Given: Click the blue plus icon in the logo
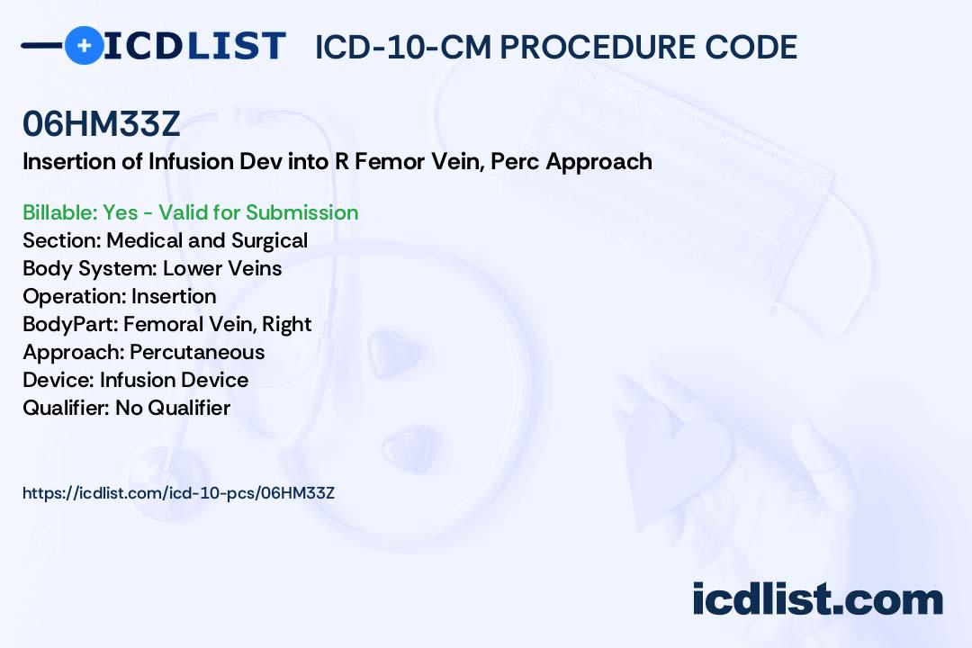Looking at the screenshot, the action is [85, 45].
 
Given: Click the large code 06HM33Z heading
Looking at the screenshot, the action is [101, 123].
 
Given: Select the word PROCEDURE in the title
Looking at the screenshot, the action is [598, 47].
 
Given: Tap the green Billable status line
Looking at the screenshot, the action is [190, 212].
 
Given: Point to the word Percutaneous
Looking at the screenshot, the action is [197, 352].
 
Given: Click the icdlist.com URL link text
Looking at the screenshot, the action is [178, 493].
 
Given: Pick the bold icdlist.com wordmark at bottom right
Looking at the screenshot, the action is [817, 599].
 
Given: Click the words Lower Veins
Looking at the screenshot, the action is [222, 268].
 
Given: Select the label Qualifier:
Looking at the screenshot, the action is [67, 408].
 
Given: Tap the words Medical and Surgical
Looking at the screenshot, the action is [207, 240].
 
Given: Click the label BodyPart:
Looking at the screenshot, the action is [71, 324].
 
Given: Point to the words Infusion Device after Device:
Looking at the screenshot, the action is [175, 380].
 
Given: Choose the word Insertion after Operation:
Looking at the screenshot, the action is [174, 296].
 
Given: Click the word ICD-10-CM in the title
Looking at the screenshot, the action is [403, 47].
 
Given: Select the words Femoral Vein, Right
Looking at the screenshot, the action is [218, 324].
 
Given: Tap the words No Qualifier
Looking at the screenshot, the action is [173, 408].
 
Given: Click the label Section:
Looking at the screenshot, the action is [62, 240].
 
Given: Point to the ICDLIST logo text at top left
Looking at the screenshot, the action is [194, 46].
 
